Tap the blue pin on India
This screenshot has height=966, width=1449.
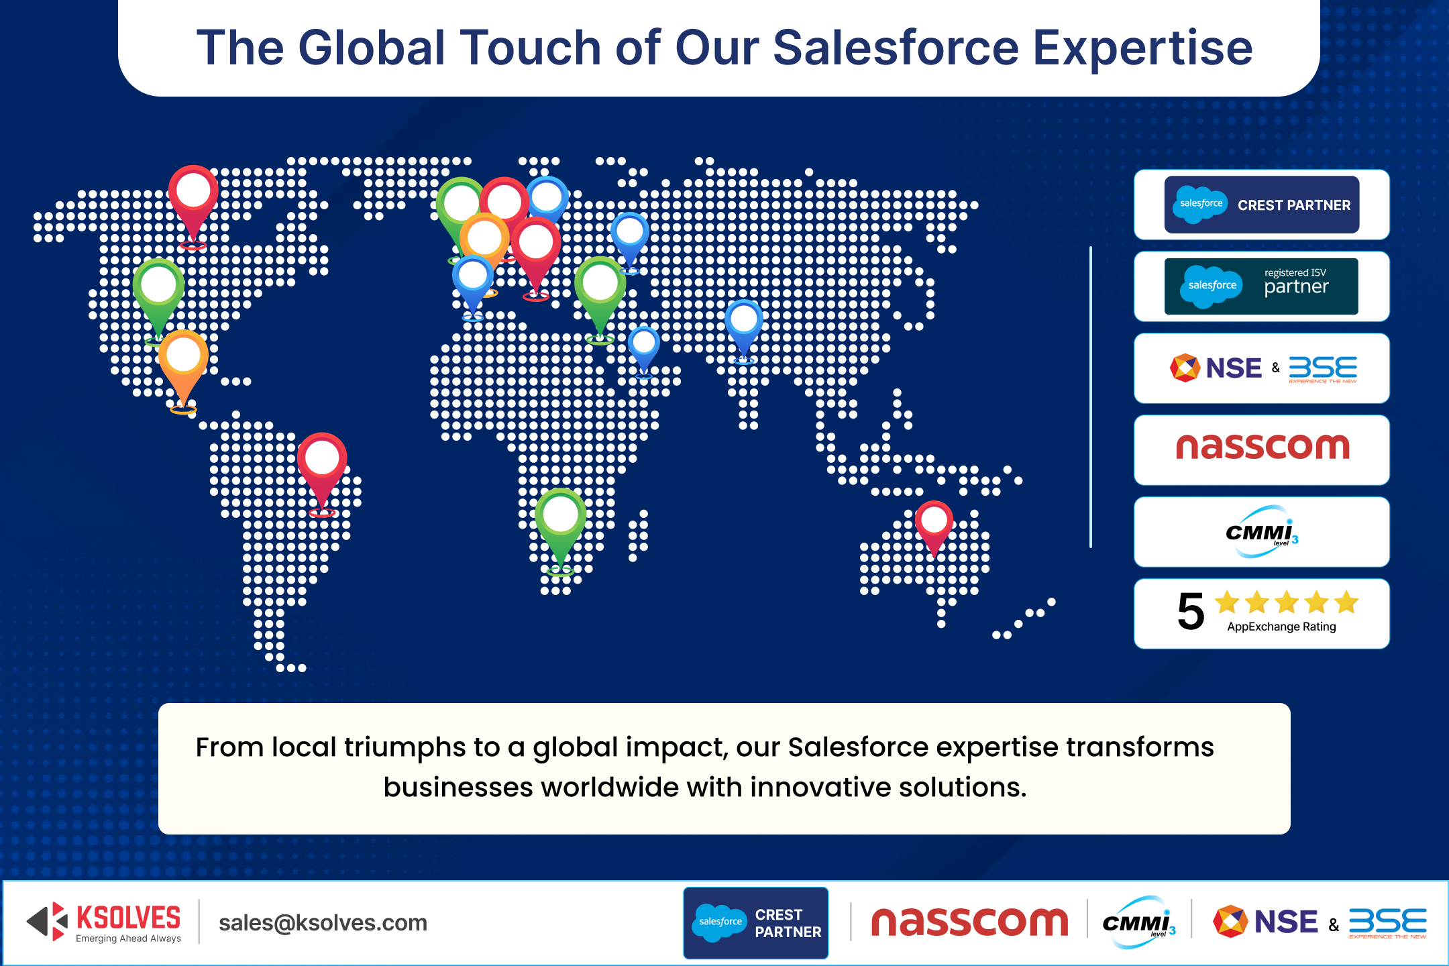pyautogui.click(x=744, y=322)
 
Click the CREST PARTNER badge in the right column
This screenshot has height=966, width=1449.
pyautogui.click(x=1261, y=205)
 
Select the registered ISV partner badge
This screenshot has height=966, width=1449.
pyautogui.click(x=1261, y=286)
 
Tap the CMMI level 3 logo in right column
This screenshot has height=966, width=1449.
pyautogui.click(x=1261, y=532)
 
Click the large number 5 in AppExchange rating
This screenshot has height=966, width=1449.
pyautogui.click(x=1191, y=612)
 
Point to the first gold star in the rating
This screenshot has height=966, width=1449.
pyautogui.click(x=1228, y=602)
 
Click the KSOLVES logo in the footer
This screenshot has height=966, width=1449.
pyautogui.click(x=104, y=922)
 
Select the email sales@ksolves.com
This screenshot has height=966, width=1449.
pyautogui.click(x=323, y=923)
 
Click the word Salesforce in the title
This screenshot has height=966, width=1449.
pyautogui.click(x=896, y=48)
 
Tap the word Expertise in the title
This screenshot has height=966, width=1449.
pyautogui.click(x=1142, y=48)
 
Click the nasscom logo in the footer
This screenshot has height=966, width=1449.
pyautogui.click(x=969, y=922)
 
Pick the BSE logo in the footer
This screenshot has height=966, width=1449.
pyautogui.click(x=1387, y=922)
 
